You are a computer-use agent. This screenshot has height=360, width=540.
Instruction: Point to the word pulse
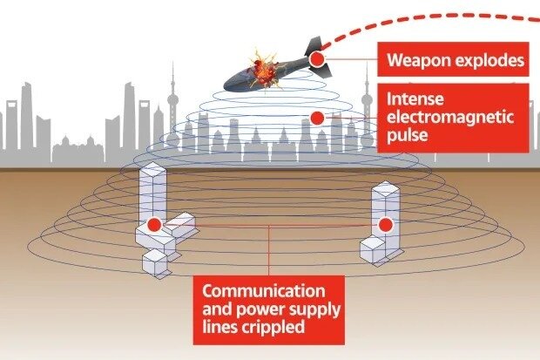pyautogui.click(x=408, y=137)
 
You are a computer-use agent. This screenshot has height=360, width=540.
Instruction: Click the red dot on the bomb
pyautogui.click(x=317, y=59)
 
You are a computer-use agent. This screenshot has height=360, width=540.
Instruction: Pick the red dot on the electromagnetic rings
pyautogui.click(x=318, y=117)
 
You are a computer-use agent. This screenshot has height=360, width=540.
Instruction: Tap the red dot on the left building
pyautogui.click(x=154, y=225)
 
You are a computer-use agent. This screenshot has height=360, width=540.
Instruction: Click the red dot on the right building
pyautogui.click(x=383, y=225)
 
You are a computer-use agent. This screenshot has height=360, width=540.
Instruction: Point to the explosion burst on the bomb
pyautogui.click(x=263, y=67)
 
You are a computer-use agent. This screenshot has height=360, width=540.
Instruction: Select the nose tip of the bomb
pyautogui.click(x=227, y=85)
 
